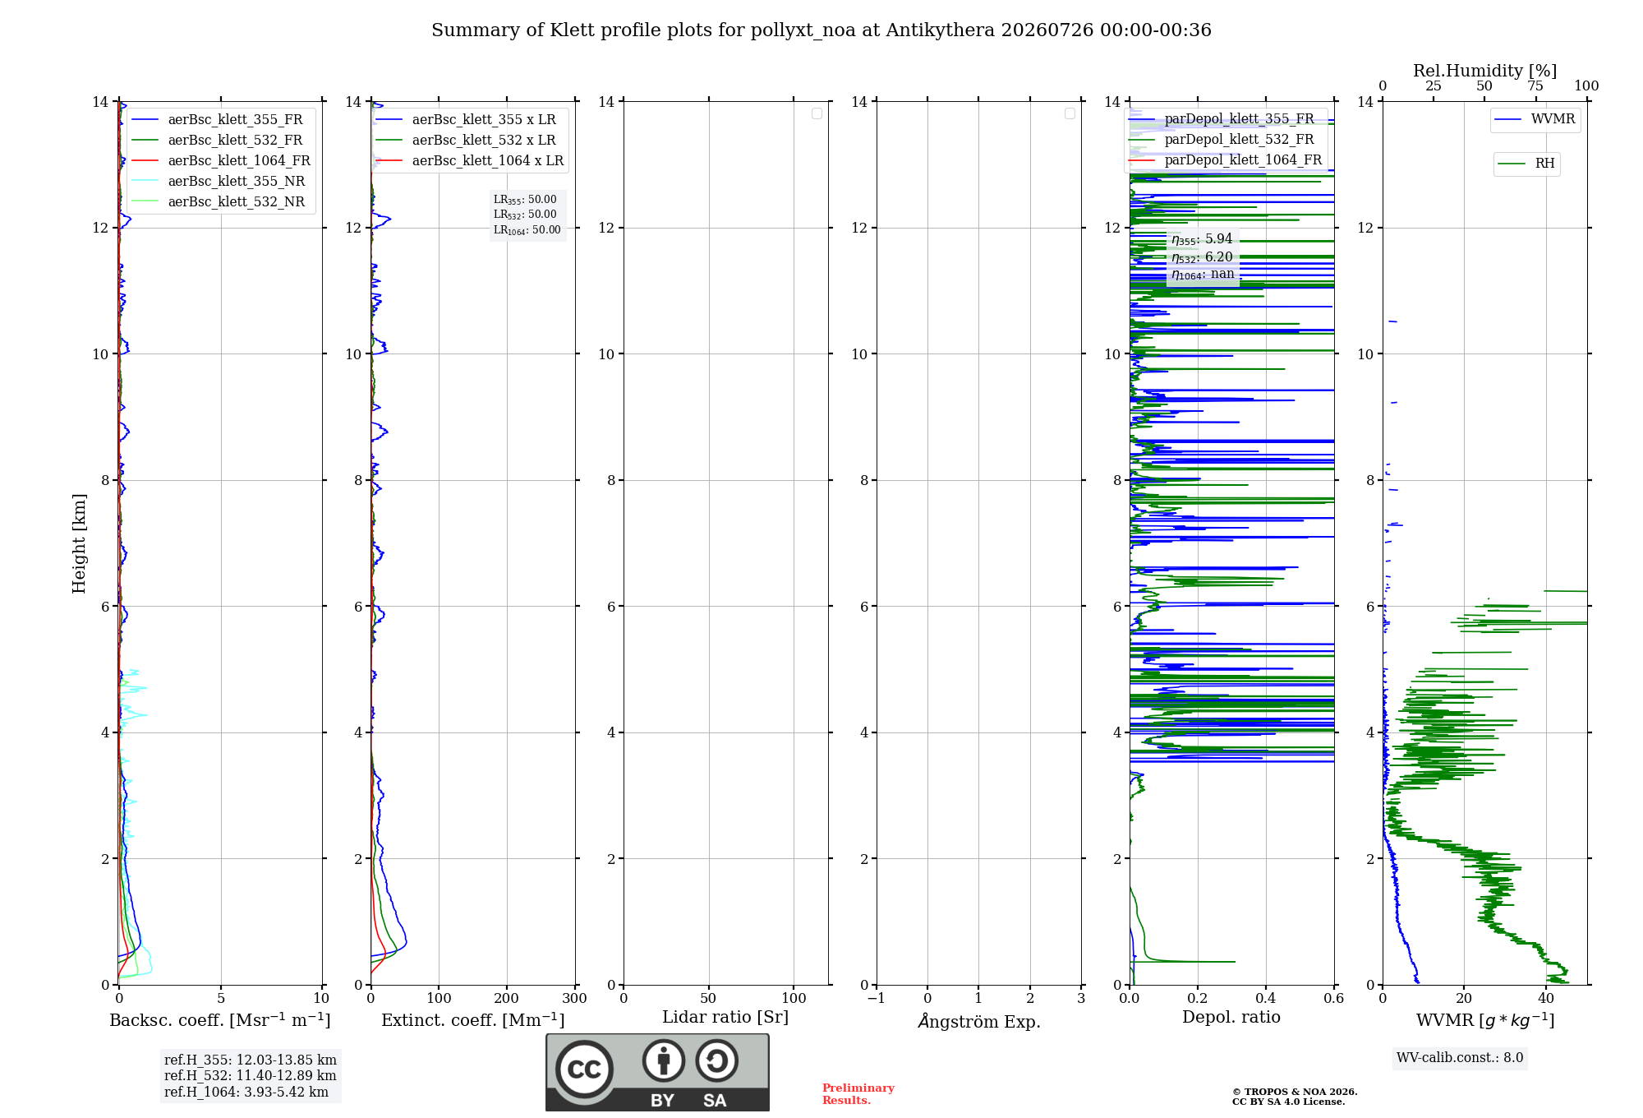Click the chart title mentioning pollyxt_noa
821,30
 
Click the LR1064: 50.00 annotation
527,230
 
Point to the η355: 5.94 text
1202,239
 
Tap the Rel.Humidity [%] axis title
1484,71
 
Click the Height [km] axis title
79,543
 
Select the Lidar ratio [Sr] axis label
725,1018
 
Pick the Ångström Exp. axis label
979,1021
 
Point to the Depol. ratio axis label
1231,1018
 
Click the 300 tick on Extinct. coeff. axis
574,998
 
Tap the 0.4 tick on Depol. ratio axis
1266,998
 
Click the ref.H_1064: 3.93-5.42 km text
246,1093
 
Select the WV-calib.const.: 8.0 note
1460,1058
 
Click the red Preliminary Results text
858,1094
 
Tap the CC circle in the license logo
584,1069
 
